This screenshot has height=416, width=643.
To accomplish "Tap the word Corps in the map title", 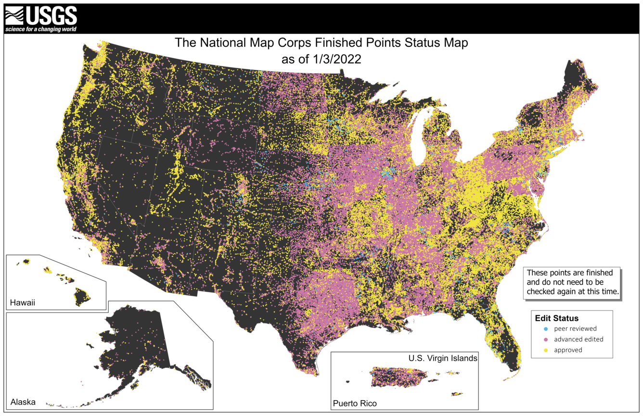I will pos(296,43).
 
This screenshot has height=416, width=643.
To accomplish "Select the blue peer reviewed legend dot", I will pos(545,329).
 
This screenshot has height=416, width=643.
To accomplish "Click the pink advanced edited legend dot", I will pos(545,339).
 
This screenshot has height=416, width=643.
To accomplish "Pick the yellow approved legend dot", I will pos(545,350).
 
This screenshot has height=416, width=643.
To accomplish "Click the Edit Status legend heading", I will pos(556,318).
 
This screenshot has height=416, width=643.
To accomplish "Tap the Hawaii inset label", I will pos(23,303).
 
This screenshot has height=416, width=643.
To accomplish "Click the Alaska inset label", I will pos(23,402).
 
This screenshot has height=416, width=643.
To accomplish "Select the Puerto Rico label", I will pos(355,403).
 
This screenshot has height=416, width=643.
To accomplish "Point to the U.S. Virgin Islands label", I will pos(443,358).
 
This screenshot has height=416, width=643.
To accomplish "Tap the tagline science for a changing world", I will pos(41,29).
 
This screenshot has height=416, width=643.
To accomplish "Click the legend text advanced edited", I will pos(579,339).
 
